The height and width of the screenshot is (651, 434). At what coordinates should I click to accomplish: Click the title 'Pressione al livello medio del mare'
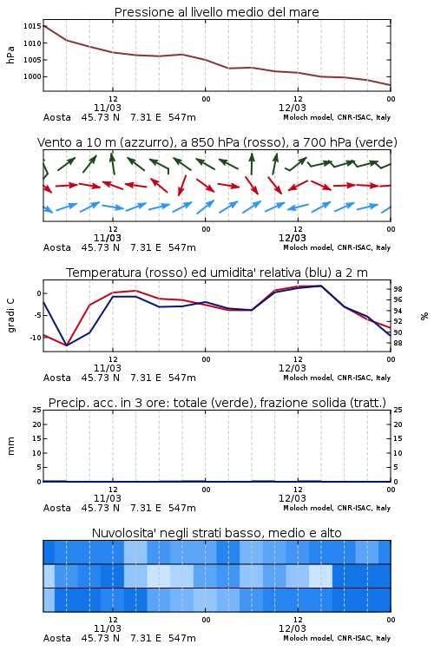(x=216, y=12)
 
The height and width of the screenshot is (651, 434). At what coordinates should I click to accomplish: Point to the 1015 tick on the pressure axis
(x=32, y=26)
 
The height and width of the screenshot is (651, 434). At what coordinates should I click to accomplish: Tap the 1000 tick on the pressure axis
(x=32, y=76)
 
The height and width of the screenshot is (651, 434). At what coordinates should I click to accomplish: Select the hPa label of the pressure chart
(x=10, y=55)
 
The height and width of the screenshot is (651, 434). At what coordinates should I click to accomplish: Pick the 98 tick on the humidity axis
(x=398, y=289)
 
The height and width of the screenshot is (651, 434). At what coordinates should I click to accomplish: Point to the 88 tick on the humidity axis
(x=398, y=343)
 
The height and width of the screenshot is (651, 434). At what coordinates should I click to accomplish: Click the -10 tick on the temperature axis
(x=35, y=338)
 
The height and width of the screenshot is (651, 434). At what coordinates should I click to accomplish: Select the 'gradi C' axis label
(x=10, y=315)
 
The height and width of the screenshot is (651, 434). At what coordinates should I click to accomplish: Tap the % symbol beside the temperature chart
(x=424, y=316)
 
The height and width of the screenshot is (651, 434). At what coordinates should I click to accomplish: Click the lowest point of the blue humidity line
(x=67, y=345)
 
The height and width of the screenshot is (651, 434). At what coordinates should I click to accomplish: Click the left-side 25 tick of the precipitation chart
(x=37, y=410)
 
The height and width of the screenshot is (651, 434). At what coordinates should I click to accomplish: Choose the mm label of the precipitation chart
(x=10, y=446)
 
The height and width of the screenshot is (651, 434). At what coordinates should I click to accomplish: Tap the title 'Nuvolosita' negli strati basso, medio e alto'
(x=216, y=533)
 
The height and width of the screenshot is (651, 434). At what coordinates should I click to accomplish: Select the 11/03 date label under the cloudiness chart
(x=108, y=628)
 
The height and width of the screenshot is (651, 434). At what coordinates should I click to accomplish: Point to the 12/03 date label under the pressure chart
(x=293, y=108)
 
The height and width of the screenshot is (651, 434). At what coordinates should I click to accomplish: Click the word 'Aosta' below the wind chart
(x=57, y=248)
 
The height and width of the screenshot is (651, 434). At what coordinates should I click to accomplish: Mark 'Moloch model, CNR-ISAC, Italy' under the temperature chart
(x=337, y=378)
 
